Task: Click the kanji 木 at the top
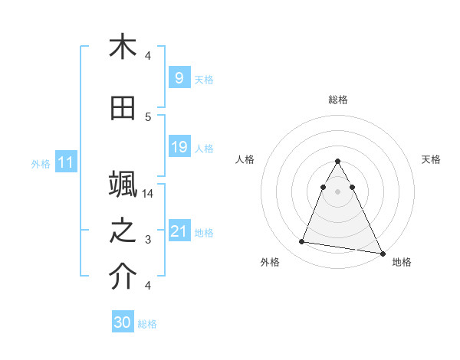click(x=123, y=47)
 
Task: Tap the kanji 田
click(x=123, y=109)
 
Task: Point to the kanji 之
click(x=123, y=231)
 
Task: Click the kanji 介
click(x=123, y=277)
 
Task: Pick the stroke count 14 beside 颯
click(x=149, y=194)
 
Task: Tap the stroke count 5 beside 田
click(x=149, y=117)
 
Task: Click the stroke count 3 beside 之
click(x=149, y=240)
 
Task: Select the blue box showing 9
click(x=178, y=78)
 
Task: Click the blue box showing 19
click(x=178, y=147)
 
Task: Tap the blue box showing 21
click(x=178, y=231)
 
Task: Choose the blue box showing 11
click(x=65, y=162)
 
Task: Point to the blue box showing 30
click(x=122, y=322)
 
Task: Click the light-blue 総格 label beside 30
click(x=147, y=324)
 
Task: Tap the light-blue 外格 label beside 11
click(x=41, y=163)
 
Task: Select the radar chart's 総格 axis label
click(x=337, y=100)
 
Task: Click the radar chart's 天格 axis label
click(x=431, y=159)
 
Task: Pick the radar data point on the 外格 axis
click(x=302, y=242)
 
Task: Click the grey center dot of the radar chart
click(x=337, y=191)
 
